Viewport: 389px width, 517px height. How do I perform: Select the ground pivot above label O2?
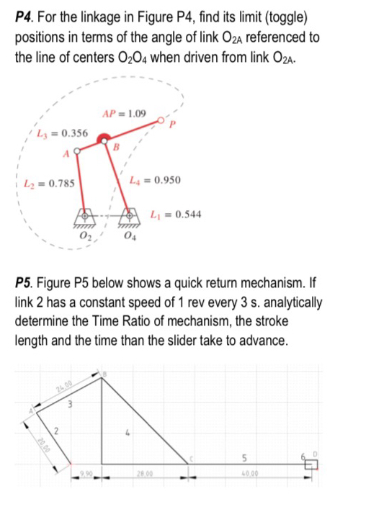(x=85, y=217)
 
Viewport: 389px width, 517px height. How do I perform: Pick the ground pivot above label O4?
(x=130, y=215)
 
